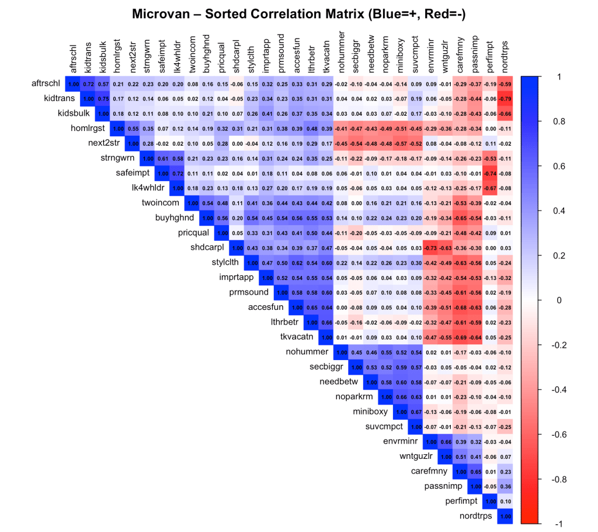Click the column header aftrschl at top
click(x=74, y=59)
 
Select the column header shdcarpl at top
click(x=237, y=58)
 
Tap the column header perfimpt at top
click(x=489, y=58)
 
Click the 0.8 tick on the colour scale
click(x=549, y=122)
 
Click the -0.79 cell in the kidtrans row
click(x=506, y=98)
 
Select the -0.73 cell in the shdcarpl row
click(x=430, y=248)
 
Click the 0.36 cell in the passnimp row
click(x=506, y=486)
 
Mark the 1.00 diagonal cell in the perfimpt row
click(x=491, y=501)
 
